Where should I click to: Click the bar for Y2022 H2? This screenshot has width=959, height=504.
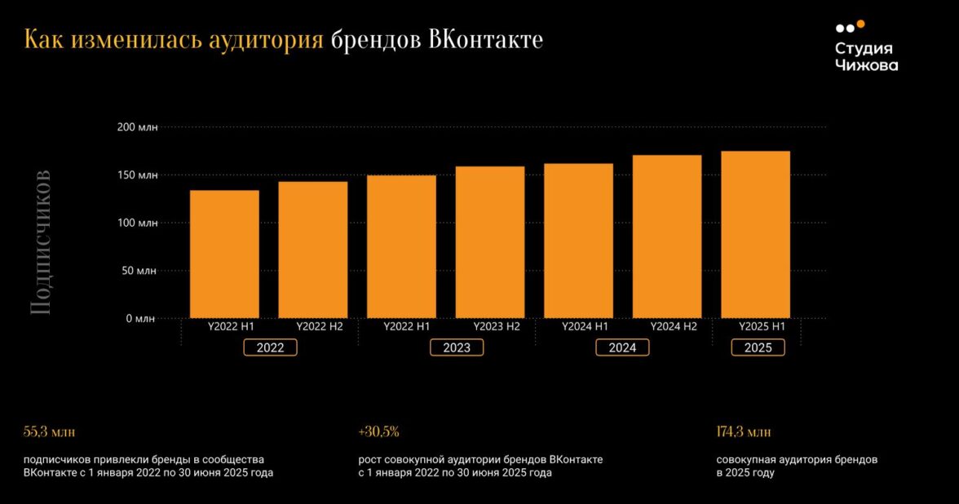click(x=313, y=250)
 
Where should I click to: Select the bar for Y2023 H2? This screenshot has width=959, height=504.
click(x=490, y=242)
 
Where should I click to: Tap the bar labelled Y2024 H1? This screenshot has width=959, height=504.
click(x=578, y=241)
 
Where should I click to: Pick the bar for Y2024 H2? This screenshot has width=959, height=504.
click(x=667, y=237)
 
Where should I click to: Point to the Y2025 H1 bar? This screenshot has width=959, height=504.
click(x=756, y=234)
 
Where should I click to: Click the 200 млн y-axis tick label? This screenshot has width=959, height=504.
click(x=137, y=127)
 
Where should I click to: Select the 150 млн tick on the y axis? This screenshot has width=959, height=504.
click(x=137, y=175)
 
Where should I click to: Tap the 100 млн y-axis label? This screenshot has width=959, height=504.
click(x=137, y=223)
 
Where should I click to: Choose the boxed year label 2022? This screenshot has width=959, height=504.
click(x=270, y=347)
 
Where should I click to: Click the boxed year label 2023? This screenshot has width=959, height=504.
click(x=457, y=347)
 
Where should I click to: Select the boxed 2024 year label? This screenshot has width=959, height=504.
click(x=622, y=347)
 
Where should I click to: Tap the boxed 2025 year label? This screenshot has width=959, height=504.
click(x=758, y=347)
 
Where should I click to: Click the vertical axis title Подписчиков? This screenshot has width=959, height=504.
click(x=40, y=242)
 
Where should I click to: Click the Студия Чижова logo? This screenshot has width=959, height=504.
click(x=866, y=47)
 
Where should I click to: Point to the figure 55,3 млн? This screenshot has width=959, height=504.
click(x=49, y=431)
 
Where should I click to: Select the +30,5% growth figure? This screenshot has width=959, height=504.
click(x=378, y=431)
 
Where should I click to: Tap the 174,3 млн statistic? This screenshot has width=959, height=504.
click(x=743, y=431)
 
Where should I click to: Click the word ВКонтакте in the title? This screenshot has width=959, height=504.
click(x=485, y=39)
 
